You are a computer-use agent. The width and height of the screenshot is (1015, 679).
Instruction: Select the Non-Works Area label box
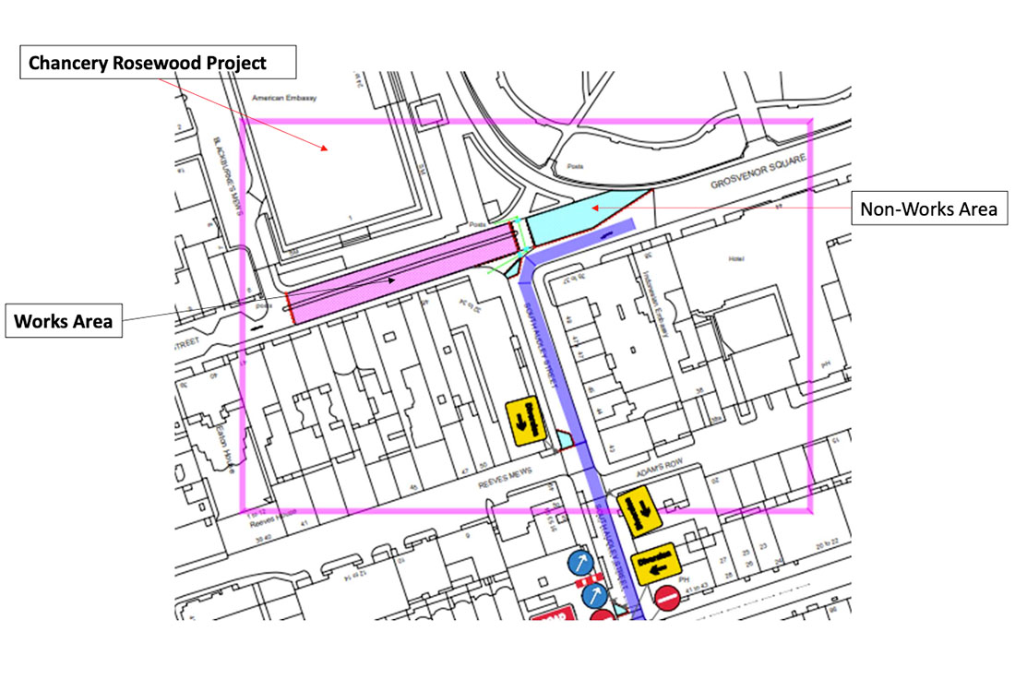(x=928, y=209)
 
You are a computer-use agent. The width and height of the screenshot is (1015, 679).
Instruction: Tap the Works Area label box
(x=64, y=322)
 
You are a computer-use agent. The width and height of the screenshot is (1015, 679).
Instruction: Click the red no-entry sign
(x=669, y=598)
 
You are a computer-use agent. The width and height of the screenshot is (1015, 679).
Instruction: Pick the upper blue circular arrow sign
(x=579, y=563)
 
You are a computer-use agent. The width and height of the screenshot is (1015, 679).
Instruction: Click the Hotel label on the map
(x=736, y=259)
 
